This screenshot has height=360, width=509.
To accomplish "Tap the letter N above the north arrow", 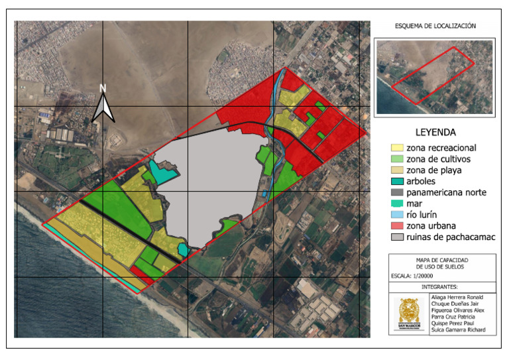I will [103, 88].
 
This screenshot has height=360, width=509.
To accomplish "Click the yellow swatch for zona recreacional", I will [396, 148].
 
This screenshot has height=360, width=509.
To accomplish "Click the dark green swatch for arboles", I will [396, 182].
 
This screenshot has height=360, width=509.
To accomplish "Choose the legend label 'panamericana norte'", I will [447, 193].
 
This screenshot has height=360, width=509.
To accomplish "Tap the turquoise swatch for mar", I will [396, 204].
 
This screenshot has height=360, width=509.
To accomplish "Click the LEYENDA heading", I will [435, 132].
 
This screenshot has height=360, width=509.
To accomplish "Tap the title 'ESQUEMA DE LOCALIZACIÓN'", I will [435, 26].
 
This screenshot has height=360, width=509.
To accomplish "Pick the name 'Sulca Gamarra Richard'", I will [458, 330].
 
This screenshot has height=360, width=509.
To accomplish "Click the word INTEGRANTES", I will [435, 287].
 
